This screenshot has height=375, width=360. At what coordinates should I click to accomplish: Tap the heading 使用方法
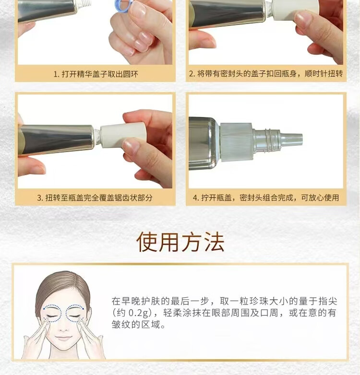click(x=180, y=242)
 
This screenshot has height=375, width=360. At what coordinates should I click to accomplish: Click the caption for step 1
click(x=96, y=74)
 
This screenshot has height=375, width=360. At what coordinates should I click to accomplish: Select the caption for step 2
click(x=266, y=74)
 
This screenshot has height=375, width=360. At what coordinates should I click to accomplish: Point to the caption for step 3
click(x=95, y=198)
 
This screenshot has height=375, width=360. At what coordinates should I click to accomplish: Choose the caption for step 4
click(x=266, y=198)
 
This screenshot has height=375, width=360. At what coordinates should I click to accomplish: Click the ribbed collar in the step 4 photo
click(x=236, y=142)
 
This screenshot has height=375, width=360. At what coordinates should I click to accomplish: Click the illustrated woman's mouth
click(x=63, y=339)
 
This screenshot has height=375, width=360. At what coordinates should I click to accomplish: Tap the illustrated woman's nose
click(x=63, y=327)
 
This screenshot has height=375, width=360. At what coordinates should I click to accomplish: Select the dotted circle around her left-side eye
click(x=52, y=313)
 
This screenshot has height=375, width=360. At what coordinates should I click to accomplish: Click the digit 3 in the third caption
click(x=39, y=198)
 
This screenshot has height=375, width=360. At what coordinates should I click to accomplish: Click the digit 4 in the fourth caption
click(x=195, y=198)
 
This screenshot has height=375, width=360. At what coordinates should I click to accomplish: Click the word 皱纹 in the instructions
click(x=121, y=325)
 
